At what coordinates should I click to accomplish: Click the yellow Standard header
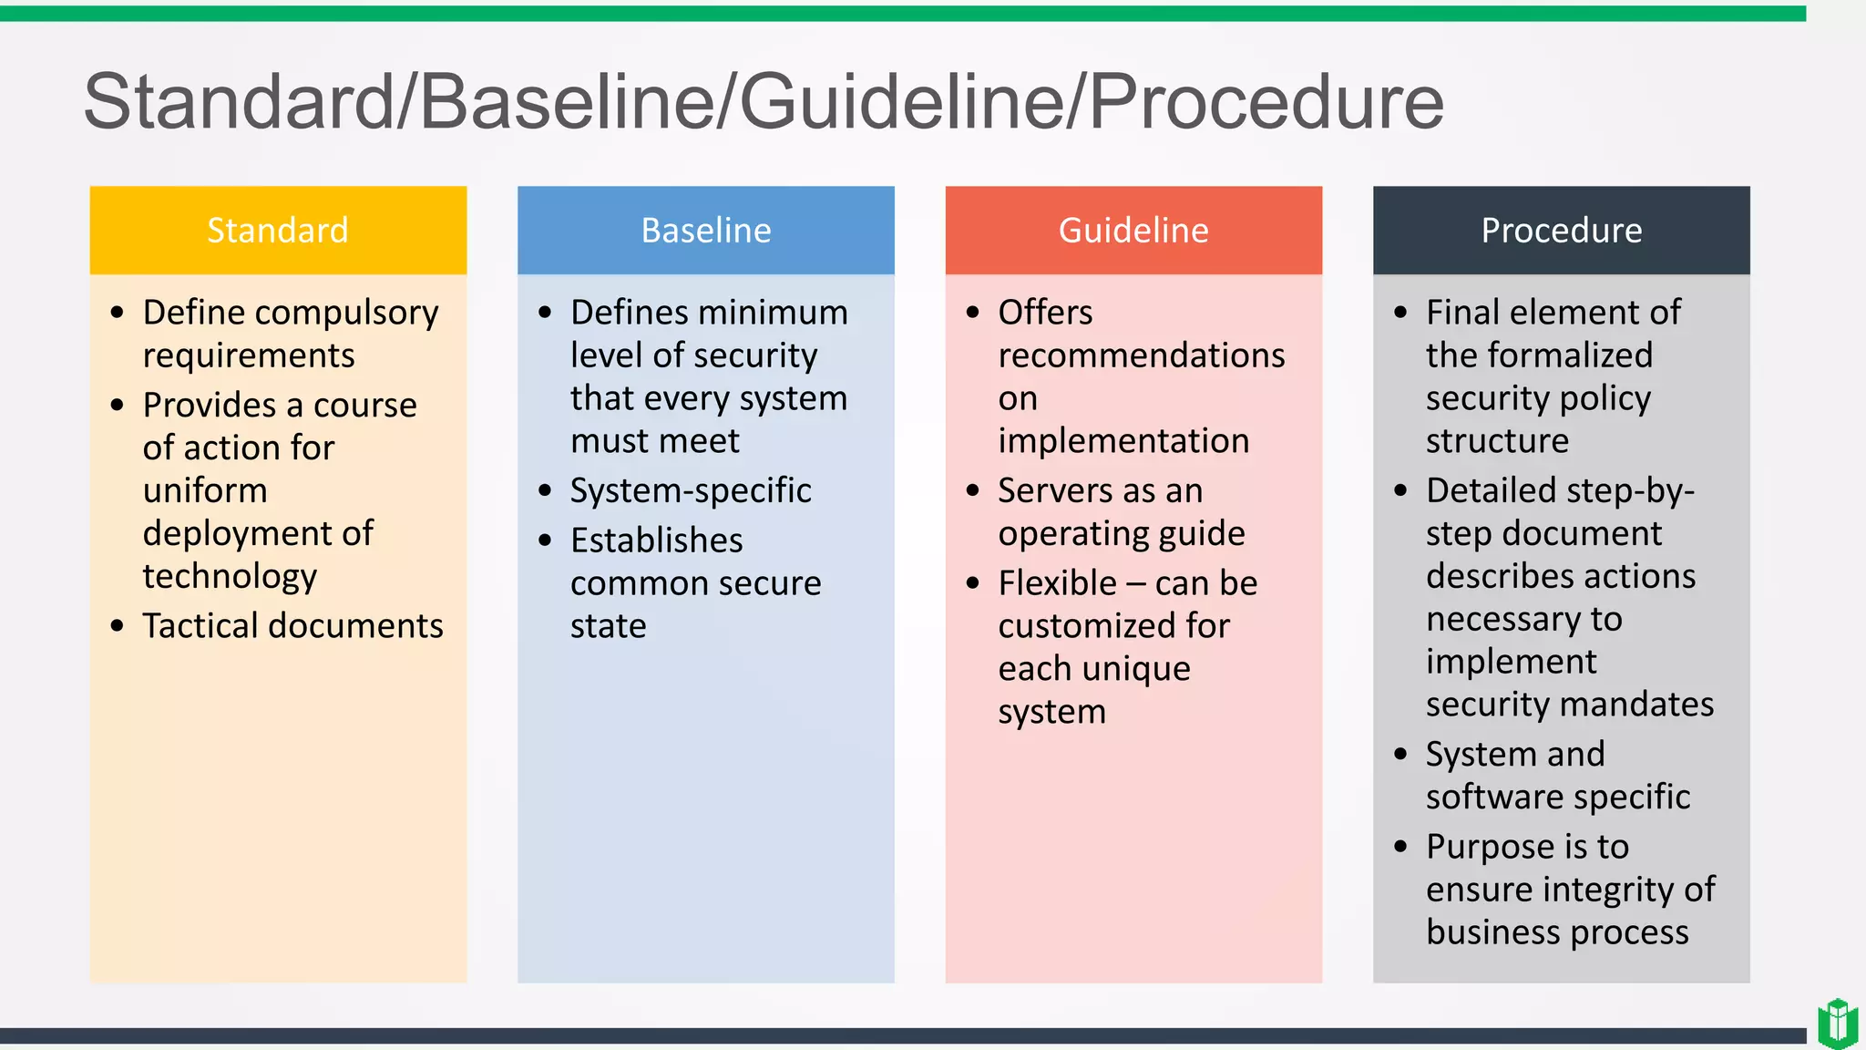(278, 231)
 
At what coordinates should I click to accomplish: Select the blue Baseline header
(705, 231)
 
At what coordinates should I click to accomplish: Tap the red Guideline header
(1133, 231)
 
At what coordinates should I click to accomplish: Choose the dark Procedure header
(1561, 231)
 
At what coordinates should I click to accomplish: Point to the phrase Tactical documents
(292, 626)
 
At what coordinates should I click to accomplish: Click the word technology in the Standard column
(230, 577)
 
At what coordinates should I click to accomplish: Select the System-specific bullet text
(691, 491)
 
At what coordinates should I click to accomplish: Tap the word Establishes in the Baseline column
(656, 540)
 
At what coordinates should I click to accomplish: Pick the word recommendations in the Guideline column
(1141, 355)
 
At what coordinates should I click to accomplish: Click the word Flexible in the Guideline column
(1057, 583)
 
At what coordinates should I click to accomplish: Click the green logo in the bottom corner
(1837, 1024)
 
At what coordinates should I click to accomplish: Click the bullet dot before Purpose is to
(1400, 847)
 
